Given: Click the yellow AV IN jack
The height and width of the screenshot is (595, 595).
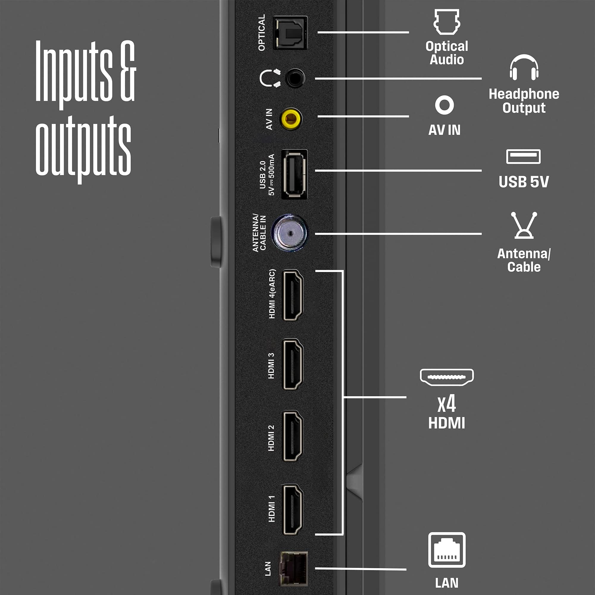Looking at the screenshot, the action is click(x=291, y=119).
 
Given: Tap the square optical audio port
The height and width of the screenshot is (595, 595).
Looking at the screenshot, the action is click(x=290, y=33).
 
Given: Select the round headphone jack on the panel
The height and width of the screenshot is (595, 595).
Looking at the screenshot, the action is click(x=295, y=78).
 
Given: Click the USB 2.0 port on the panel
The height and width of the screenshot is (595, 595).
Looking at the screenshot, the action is click(x=294, y=174).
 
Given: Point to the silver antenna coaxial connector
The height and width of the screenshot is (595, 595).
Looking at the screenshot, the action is click(x=289, y=233).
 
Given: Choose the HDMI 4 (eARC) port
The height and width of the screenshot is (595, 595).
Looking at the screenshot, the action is click(x=293, y=295).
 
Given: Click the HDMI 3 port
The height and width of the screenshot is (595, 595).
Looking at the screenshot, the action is click(x=293, y=364).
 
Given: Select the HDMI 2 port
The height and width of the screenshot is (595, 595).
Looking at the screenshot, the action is click(x=293, y=436).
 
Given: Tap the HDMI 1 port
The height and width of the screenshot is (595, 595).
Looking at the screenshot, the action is click(x=293, y=509).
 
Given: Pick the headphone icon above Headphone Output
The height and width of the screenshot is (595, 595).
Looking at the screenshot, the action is click(x=524, y=68).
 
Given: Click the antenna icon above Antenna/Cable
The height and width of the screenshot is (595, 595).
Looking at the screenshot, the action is click(x=524, y=225).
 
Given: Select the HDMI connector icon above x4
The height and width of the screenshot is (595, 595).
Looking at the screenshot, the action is click(x=447, y=377).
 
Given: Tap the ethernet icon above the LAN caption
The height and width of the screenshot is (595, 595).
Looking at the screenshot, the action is click(x=447, y=550).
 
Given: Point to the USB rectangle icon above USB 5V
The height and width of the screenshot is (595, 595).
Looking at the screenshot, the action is click(x=523, y=156).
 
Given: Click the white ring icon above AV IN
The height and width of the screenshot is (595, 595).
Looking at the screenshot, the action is click(x=444, y=105).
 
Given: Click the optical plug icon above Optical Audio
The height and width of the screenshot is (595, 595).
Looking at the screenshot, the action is click(x=447, y=21).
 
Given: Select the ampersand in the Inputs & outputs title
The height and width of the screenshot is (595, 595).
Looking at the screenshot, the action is click(x=128, y=71).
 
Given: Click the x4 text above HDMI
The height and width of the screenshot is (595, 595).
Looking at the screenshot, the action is click(x=447, y=404).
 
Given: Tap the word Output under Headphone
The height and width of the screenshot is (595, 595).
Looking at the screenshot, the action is click(x=524, y=108).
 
